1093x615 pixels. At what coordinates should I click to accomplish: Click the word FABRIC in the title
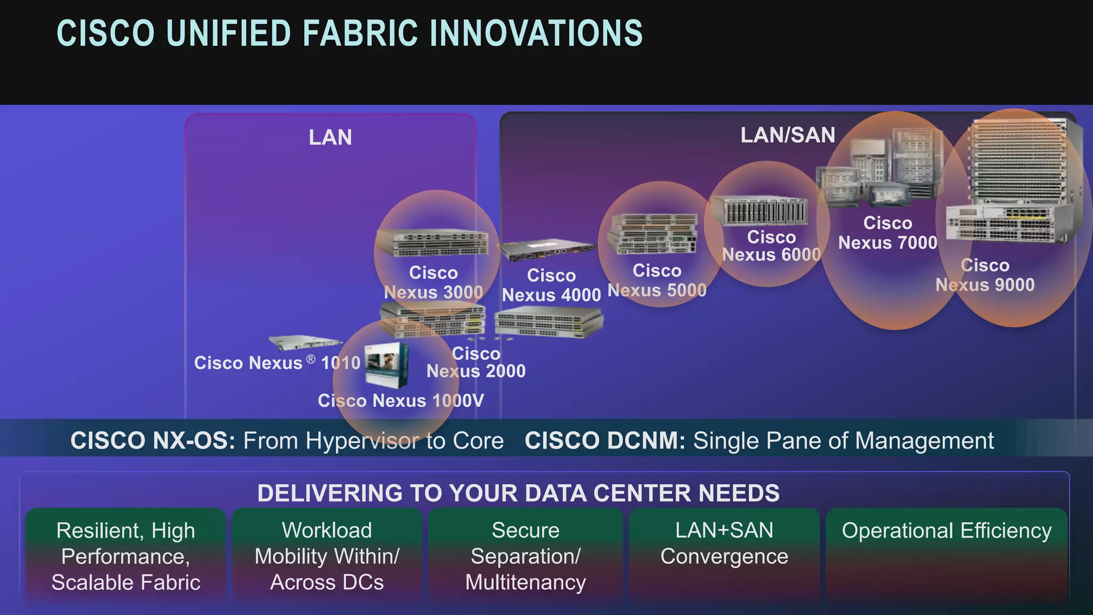(360, 34)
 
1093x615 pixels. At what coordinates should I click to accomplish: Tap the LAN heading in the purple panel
(330, 138)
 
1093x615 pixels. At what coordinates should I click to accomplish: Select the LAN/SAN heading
(787, 135)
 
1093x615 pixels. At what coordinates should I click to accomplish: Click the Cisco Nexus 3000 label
(433, 283)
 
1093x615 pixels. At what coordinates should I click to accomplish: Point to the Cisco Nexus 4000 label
(551, 285)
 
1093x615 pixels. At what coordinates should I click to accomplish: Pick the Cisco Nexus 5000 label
(657, 281)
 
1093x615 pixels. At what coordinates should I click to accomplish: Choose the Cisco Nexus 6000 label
(771, 246)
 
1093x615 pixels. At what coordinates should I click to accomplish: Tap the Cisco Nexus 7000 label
(888, 233)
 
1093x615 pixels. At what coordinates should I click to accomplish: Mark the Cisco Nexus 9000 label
(985, 275)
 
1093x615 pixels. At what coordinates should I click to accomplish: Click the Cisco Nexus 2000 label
(476, 362)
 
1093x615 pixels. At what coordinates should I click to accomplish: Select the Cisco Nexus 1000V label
(401, 400)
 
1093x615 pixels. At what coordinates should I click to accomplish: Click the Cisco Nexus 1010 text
(277, 363)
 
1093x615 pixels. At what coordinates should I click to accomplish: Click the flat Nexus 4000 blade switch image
(546, 249)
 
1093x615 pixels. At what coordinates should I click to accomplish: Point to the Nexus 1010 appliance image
(304, 342)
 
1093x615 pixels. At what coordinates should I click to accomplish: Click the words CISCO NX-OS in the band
(153, 441)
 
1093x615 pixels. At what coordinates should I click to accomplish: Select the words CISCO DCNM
(605, 441)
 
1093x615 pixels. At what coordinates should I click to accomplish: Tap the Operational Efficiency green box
(946, 555)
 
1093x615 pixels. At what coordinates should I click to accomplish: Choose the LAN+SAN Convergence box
(724, 555)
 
